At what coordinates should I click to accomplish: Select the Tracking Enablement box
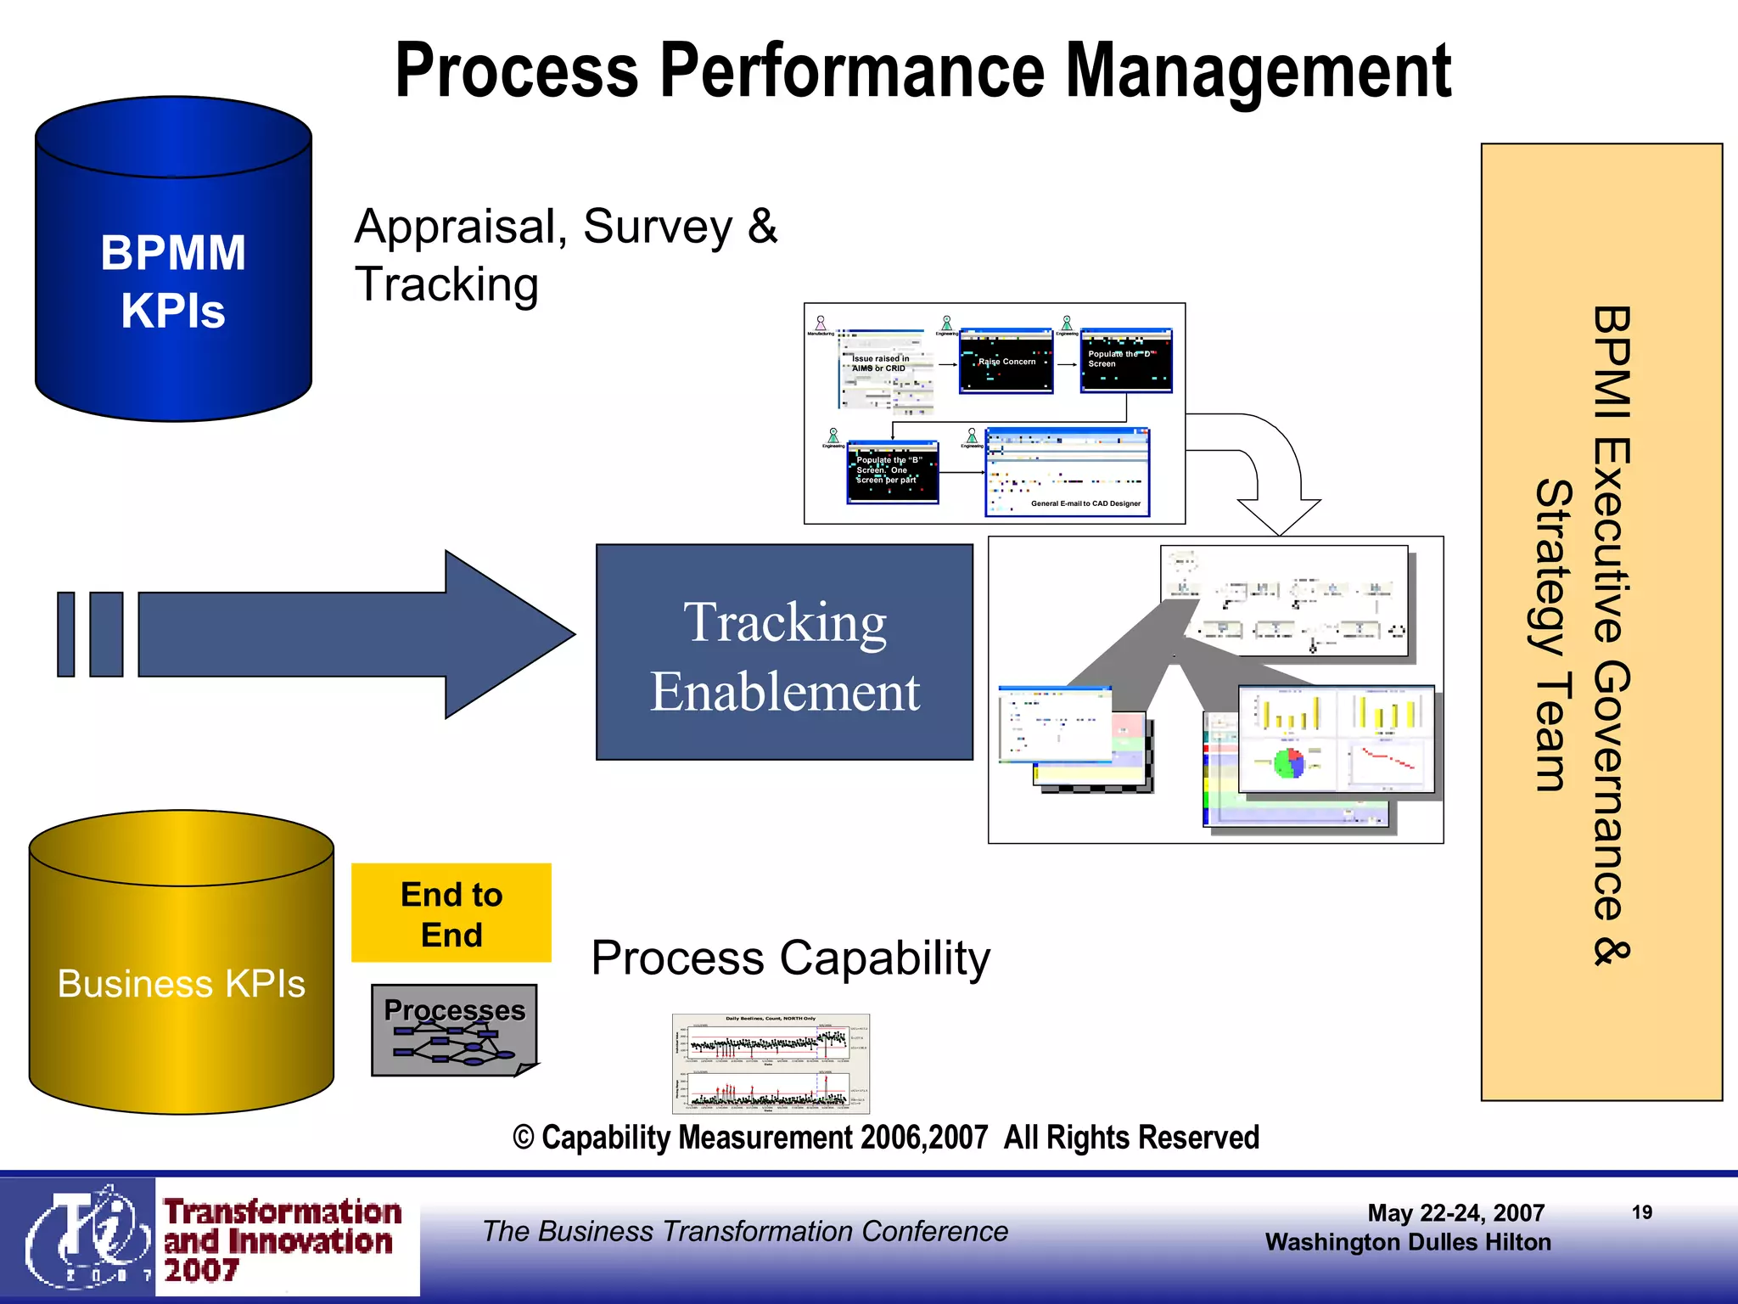[x=784, y=652]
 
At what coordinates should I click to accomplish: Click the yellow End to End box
[x=451, y=913]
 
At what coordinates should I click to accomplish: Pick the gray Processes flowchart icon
[x=454, y=1031]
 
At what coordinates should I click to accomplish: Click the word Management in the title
[x=1258, y=72]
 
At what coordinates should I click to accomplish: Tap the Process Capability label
[x=790, y=958]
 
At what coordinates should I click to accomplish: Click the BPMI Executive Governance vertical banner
[x=1601, y=621]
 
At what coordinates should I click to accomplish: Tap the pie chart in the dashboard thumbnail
[x=1289, y=762]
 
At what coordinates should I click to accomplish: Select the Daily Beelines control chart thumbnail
[x=771, y=1063]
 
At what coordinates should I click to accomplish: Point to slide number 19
[x=1642, y=1212]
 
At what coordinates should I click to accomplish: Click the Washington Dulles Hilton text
[x=1407, y=1242]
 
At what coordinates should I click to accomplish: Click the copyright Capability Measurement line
[x=885, y=1138]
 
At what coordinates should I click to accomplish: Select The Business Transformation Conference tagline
[x=745, y=1231]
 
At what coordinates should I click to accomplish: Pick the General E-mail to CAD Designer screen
[x=1067, y=473]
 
